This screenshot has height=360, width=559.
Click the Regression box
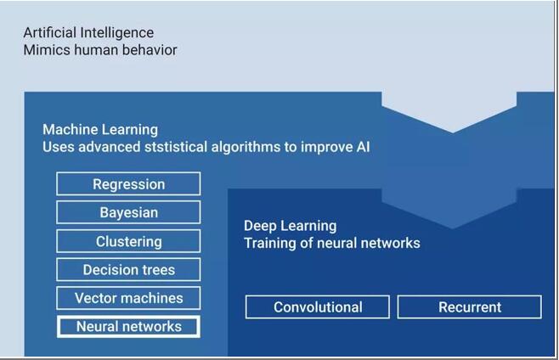[x=128, y=183]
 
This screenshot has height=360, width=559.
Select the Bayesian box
[x=128, y=212]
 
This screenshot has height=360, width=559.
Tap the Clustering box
[x=128, y=241]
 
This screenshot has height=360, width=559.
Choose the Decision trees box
[x=128, y=269]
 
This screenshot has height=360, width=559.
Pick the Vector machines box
[x=128, y=298]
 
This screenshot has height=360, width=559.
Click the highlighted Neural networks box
[x=128, y=327]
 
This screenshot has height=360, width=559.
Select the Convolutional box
[x=318, y=307]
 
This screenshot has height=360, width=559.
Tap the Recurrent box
[x=470, y=307]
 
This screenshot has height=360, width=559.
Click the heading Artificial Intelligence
[x=88, y=33]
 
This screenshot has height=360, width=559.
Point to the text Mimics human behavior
[x=100, y=50]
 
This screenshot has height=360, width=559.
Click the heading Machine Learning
[x=100, y=130]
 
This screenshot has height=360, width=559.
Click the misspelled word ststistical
[x=176, y=147]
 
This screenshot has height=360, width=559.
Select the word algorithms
[x=246, y=147]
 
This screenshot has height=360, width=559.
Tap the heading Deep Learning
[x=291, y=226]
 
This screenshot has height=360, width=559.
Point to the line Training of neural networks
[x=332, y=243]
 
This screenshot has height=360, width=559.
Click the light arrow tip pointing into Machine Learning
[x=453, y=132]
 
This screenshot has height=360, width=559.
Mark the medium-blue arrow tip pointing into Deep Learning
[x=453, y=228]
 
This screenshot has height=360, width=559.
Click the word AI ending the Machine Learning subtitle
[x=363, y=147]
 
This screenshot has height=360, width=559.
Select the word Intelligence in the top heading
[x=117, y=33]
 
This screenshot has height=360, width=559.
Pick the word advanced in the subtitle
[x=109, y=147]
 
